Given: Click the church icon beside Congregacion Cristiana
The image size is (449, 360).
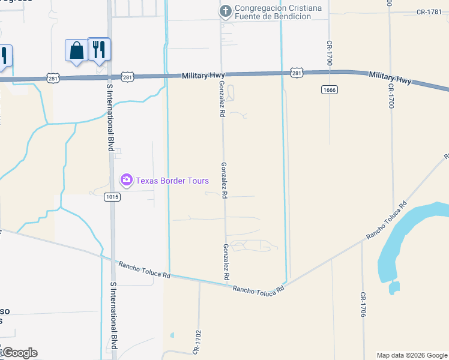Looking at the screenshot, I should point(226,11).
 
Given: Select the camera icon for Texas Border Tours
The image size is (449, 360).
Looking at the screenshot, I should point(126,179).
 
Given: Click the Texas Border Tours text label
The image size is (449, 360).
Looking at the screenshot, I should point(172,181).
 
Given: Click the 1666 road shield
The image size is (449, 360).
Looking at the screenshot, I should point(328,89).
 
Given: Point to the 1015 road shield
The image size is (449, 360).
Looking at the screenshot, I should point(111,196).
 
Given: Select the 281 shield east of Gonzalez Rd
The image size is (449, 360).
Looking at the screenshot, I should point(297,73).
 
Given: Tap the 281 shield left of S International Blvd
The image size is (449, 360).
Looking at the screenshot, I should point(53,78).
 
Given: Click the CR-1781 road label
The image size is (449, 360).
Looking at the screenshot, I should point(429,12).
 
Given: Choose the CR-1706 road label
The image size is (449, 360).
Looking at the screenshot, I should point(363,305).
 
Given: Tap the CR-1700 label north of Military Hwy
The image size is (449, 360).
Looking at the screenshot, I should point(330,53).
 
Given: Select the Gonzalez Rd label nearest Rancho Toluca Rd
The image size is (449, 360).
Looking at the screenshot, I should point(226,262).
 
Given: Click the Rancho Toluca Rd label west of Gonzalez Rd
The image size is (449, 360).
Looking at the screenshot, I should point(145,269).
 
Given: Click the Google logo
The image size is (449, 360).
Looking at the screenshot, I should point(19,353).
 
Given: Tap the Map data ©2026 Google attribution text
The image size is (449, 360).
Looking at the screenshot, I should point(412,355).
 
